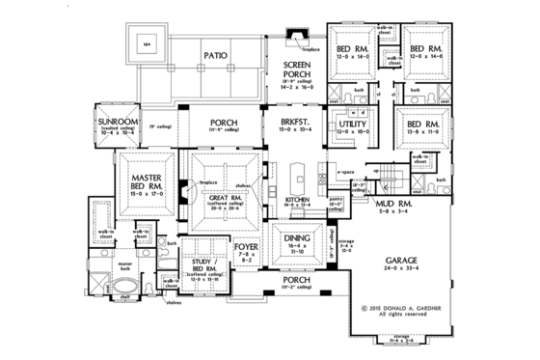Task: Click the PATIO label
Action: pyautogui.click(x=216, y=56)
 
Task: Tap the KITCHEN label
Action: pyautogui.click(x=296, y=200)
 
